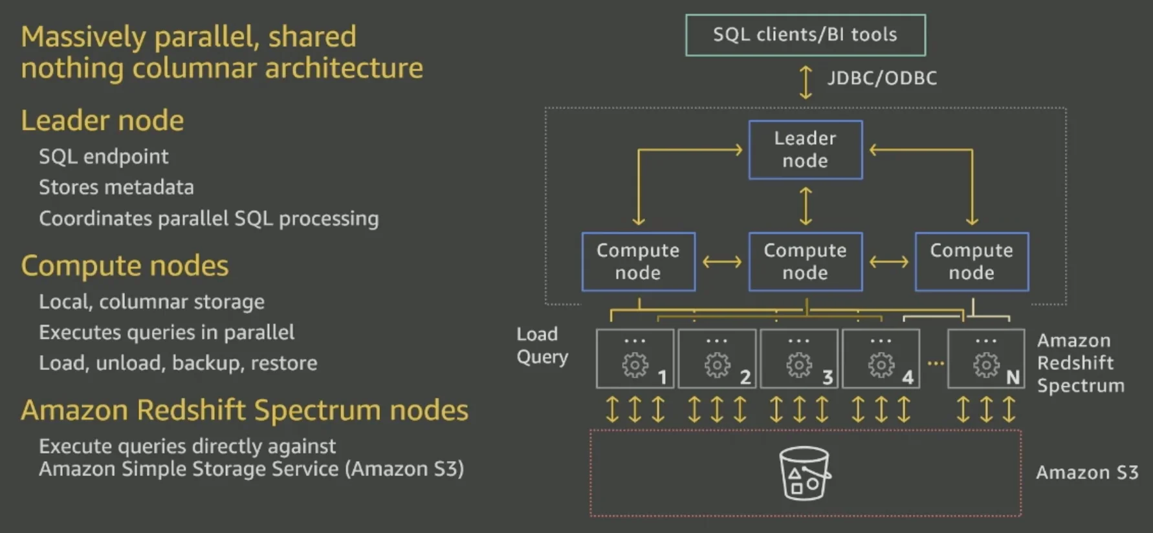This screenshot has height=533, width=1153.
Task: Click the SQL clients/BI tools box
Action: (805, 35)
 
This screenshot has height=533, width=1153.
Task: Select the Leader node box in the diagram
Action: (805, 149)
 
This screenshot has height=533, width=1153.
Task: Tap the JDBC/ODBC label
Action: (882, 78)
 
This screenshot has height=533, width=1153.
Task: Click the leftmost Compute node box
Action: (638, 261)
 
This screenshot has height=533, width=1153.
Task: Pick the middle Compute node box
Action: (805, 261)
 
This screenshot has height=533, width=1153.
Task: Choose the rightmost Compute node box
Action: (971, 261)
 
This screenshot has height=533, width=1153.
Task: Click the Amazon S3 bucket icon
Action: (804, 473)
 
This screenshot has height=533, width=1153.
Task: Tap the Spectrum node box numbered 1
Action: (635, 358)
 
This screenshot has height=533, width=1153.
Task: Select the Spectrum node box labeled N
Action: (985, 358)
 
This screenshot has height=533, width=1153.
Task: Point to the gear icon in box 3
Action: (799, 365)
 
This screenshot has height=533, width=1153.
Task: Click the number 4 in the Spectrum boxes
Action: (908, 377)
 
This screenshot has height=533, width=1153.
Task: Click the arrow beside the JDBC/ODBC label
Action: (806, 82)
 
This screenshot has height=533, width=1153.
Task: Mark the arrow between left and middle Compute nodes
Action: (722, 262)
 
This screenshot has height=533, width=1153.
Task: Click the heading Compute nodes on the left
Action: (125, 266)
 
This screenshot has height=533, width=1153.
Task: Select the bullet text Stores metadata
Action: (116, 188)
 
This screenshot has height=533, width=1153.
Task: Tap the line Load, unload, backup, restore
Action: (178, 363)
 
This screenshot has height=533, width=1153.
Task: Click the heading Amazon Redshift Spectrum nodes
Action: (245, 411)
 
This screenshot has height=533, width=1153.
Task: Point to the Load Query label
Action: (542, 345)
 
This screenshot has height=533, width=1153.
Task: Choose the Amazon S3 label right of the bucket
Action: (1087, 473)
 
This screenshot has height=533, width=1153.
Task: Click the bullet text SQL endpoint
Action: (104, 157)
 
